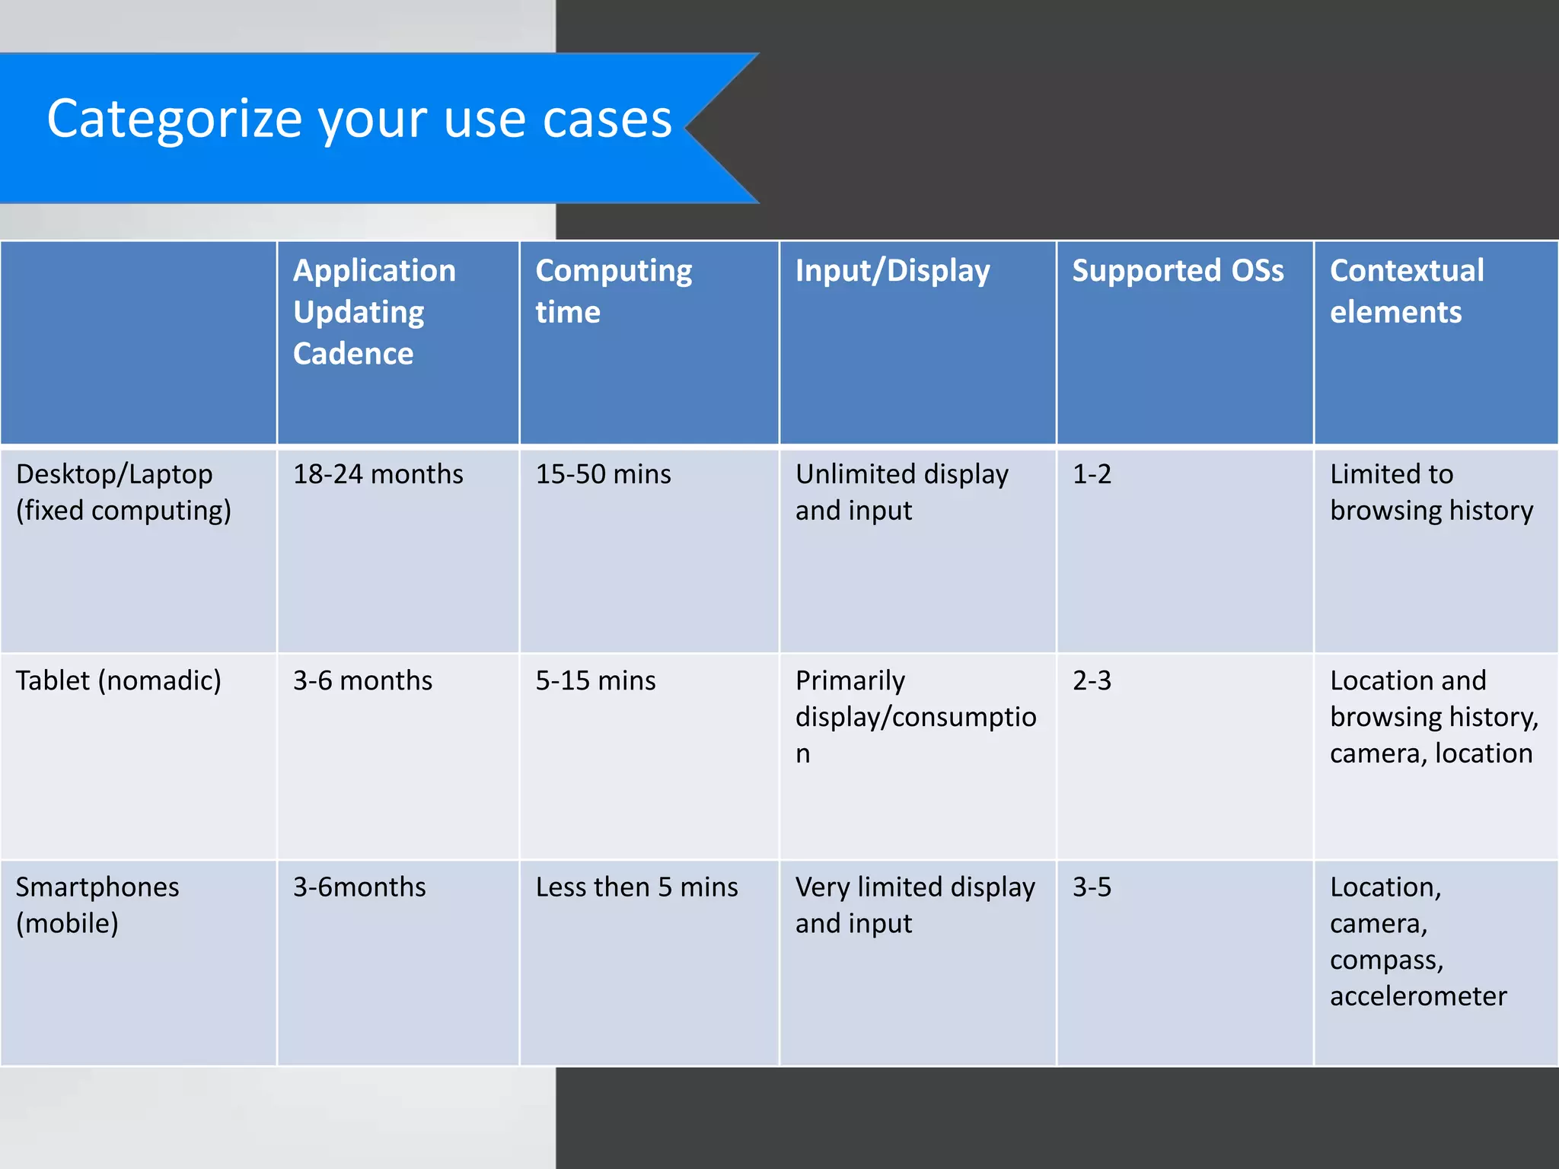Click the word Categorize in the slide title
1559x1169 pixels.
tap(174, 119)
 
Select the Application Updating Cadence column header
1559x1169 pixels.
tap(374, 312)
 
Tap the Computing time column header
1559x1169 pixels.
tap(613, 291)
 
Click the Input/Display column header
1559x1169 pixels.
tap(892, 271)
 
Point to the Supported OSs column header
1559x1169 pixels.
tap(1177, 271)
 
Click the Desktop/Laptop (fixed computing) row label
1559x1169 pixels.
tap(123, 492)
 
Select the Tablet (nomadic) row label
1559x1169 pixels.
tap(118, 680)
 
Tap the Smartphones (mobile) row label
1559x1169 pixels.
tap(97, 905)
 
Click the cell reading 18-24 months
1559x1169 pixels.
tap(378, 474)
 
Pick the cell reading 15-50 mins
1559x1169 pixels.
tap(603, 474)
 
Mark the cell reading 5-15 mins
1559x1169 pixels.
tap(595, 680)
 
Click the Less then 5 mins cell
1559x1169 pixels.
tap(636, 887)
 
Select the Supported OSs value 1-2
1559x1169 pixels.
tap(1092, 474)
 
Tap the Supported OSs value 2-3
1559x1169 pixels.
tap(1092, 680)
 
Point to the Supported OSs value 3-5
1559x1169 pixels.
tap(1092, 887)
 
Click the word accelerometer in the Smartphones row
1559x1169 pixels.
tap(1417, 996)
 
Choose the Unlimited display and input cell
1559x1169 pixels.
tap(901, 492)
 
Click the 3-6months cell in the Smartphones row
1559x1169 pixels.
tap(359, 887)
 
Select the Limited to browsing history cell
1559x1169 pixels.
tap(1431, 492)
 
